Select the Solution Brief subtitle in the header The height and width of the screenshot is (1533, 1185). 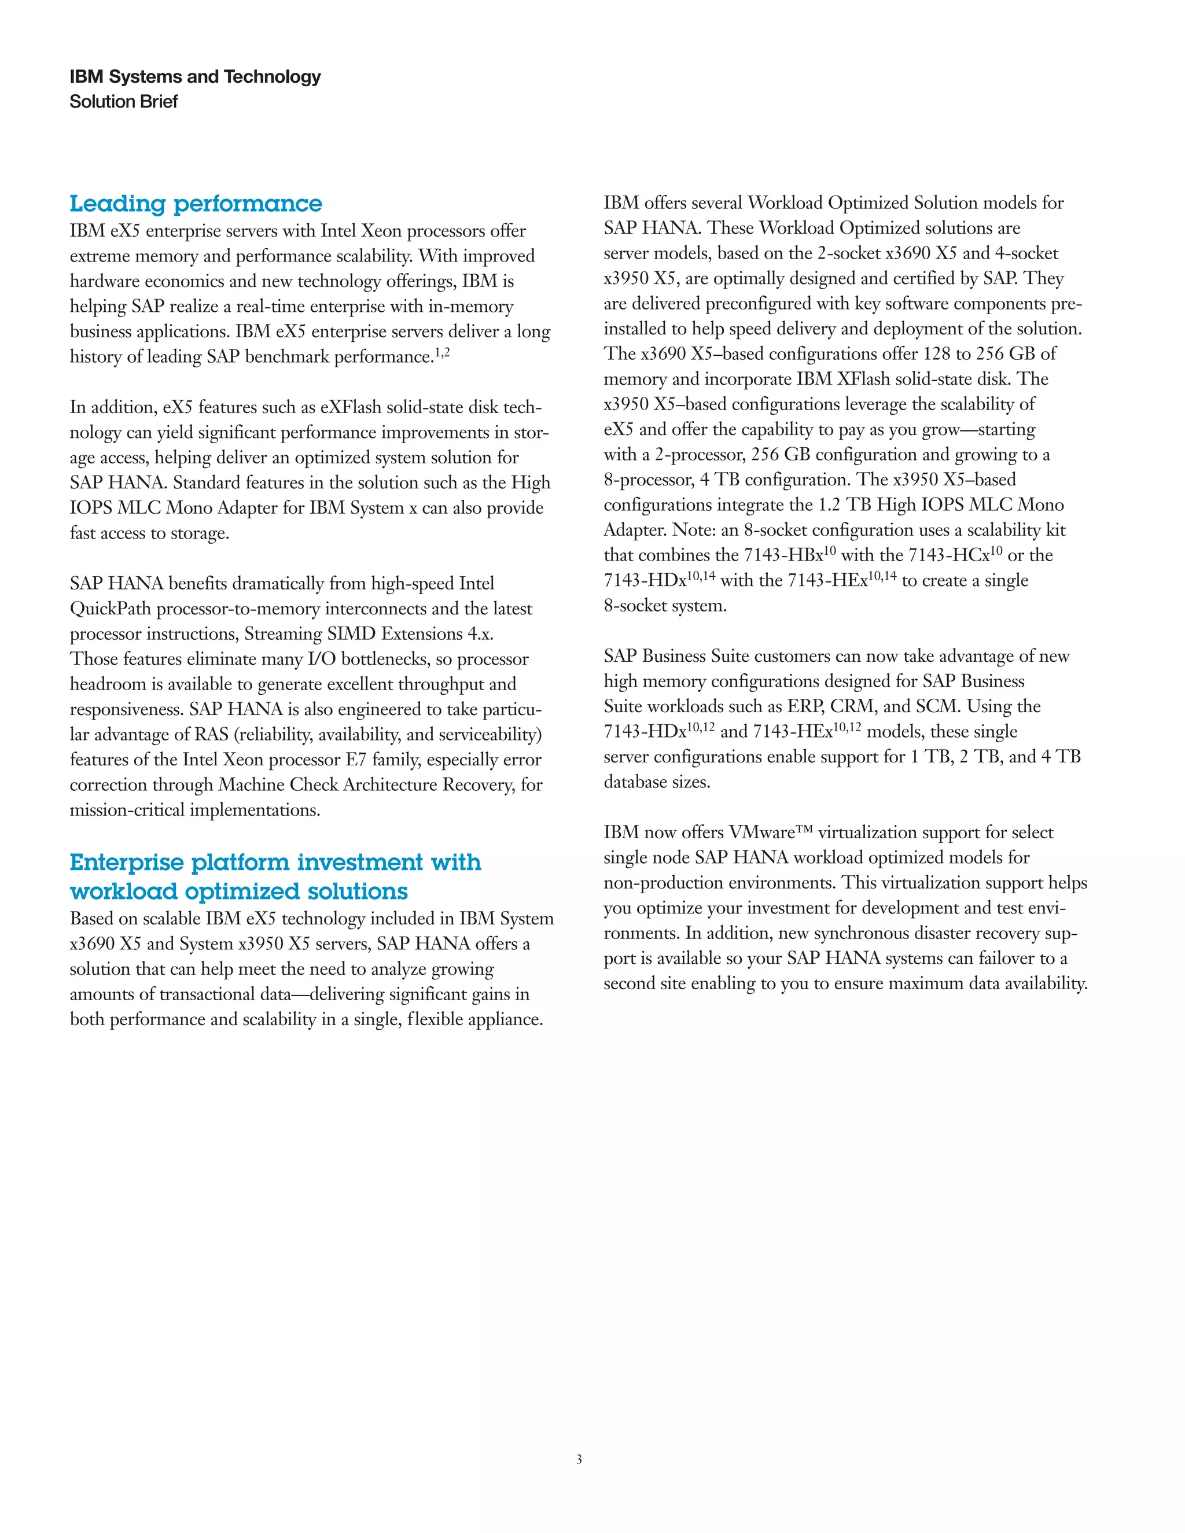[124, 102]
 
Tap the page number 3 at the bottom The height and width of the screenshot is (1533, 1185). [579, 1460]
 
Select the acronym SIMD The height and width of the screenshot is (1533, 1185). [351, 634]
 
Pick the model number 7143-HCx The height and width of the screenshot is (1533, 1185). [948, 555]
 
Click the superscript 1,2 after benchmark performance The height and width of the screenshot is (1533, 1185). [442, 353]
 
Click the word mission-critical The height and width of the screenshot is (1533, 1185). [126, 810]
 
